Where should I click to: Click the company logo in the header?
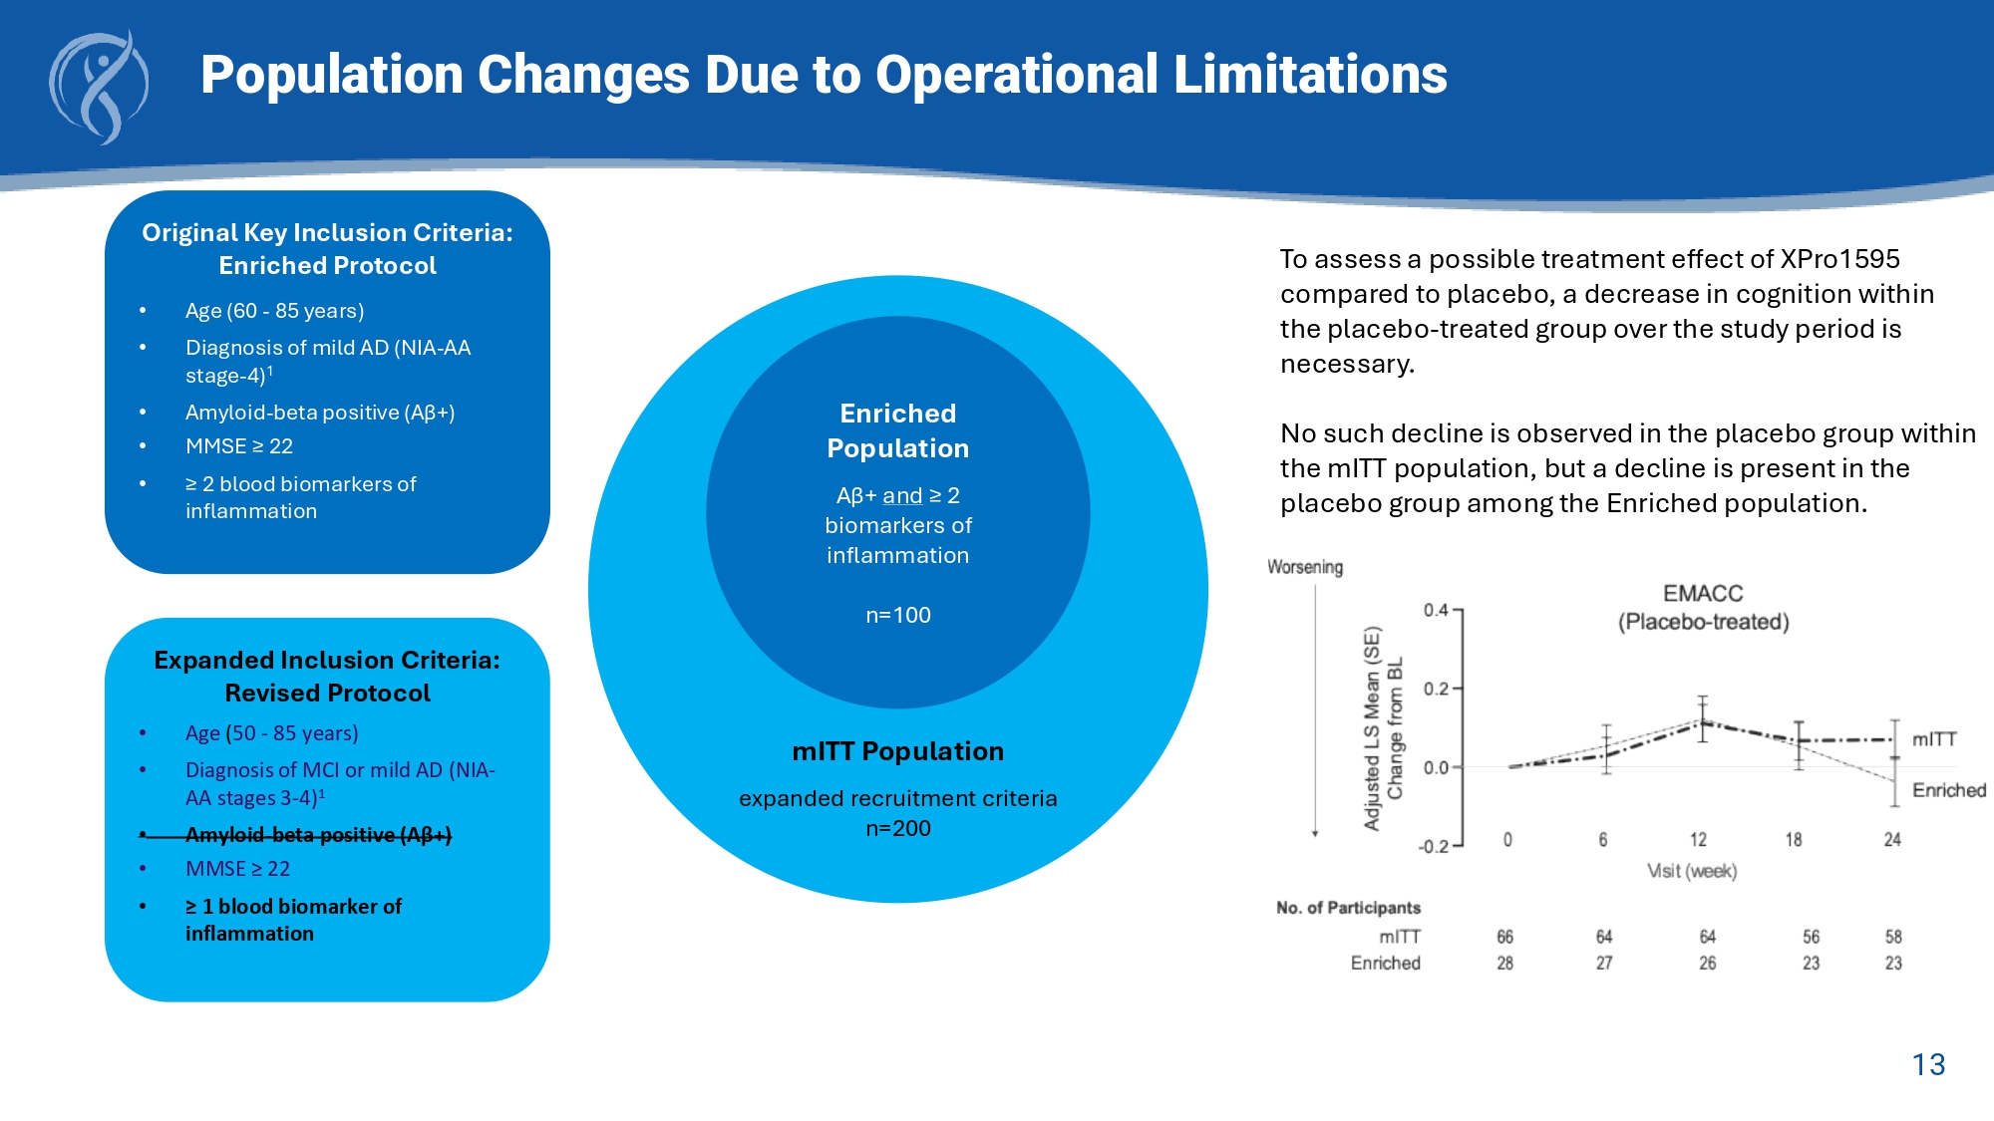[99, 88]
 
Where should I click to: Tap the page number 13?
[1928, 1064]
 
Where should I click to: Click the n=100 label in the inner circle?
[897, 615]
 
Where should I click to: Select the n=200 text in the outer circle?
[897, 828]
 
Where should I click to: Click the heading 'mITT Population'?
[897, 751]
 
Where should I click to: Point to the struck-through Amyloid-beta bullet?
[318, 835]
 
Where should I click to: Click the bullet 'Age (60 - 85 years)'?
[274, 311]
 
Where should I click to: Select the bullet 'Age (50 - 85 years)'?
[271, 733]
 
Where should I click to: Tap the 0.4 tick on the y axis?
[1436, 610]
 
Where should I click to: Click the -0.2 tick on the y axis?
[1433, 846]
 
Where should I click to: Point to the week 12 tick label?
[1698, 840]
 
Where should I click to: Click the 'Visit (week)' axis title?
[1692, 871]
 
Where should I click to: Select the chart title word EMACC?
[1703, 594]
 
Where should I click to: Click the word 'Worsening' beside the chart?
[1305, 567]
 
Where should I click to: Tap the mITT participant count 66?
[1504, 937]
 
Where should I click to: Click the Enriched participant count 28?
[1504, 963]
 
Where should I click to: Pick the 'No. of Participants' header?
[1348, 908]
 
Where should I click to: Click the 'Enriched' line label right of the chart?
[1948, 790]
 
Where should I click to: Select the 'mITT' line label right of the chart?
[1934, 739]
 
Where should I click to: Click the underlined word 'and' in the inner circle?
[902, 495]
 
